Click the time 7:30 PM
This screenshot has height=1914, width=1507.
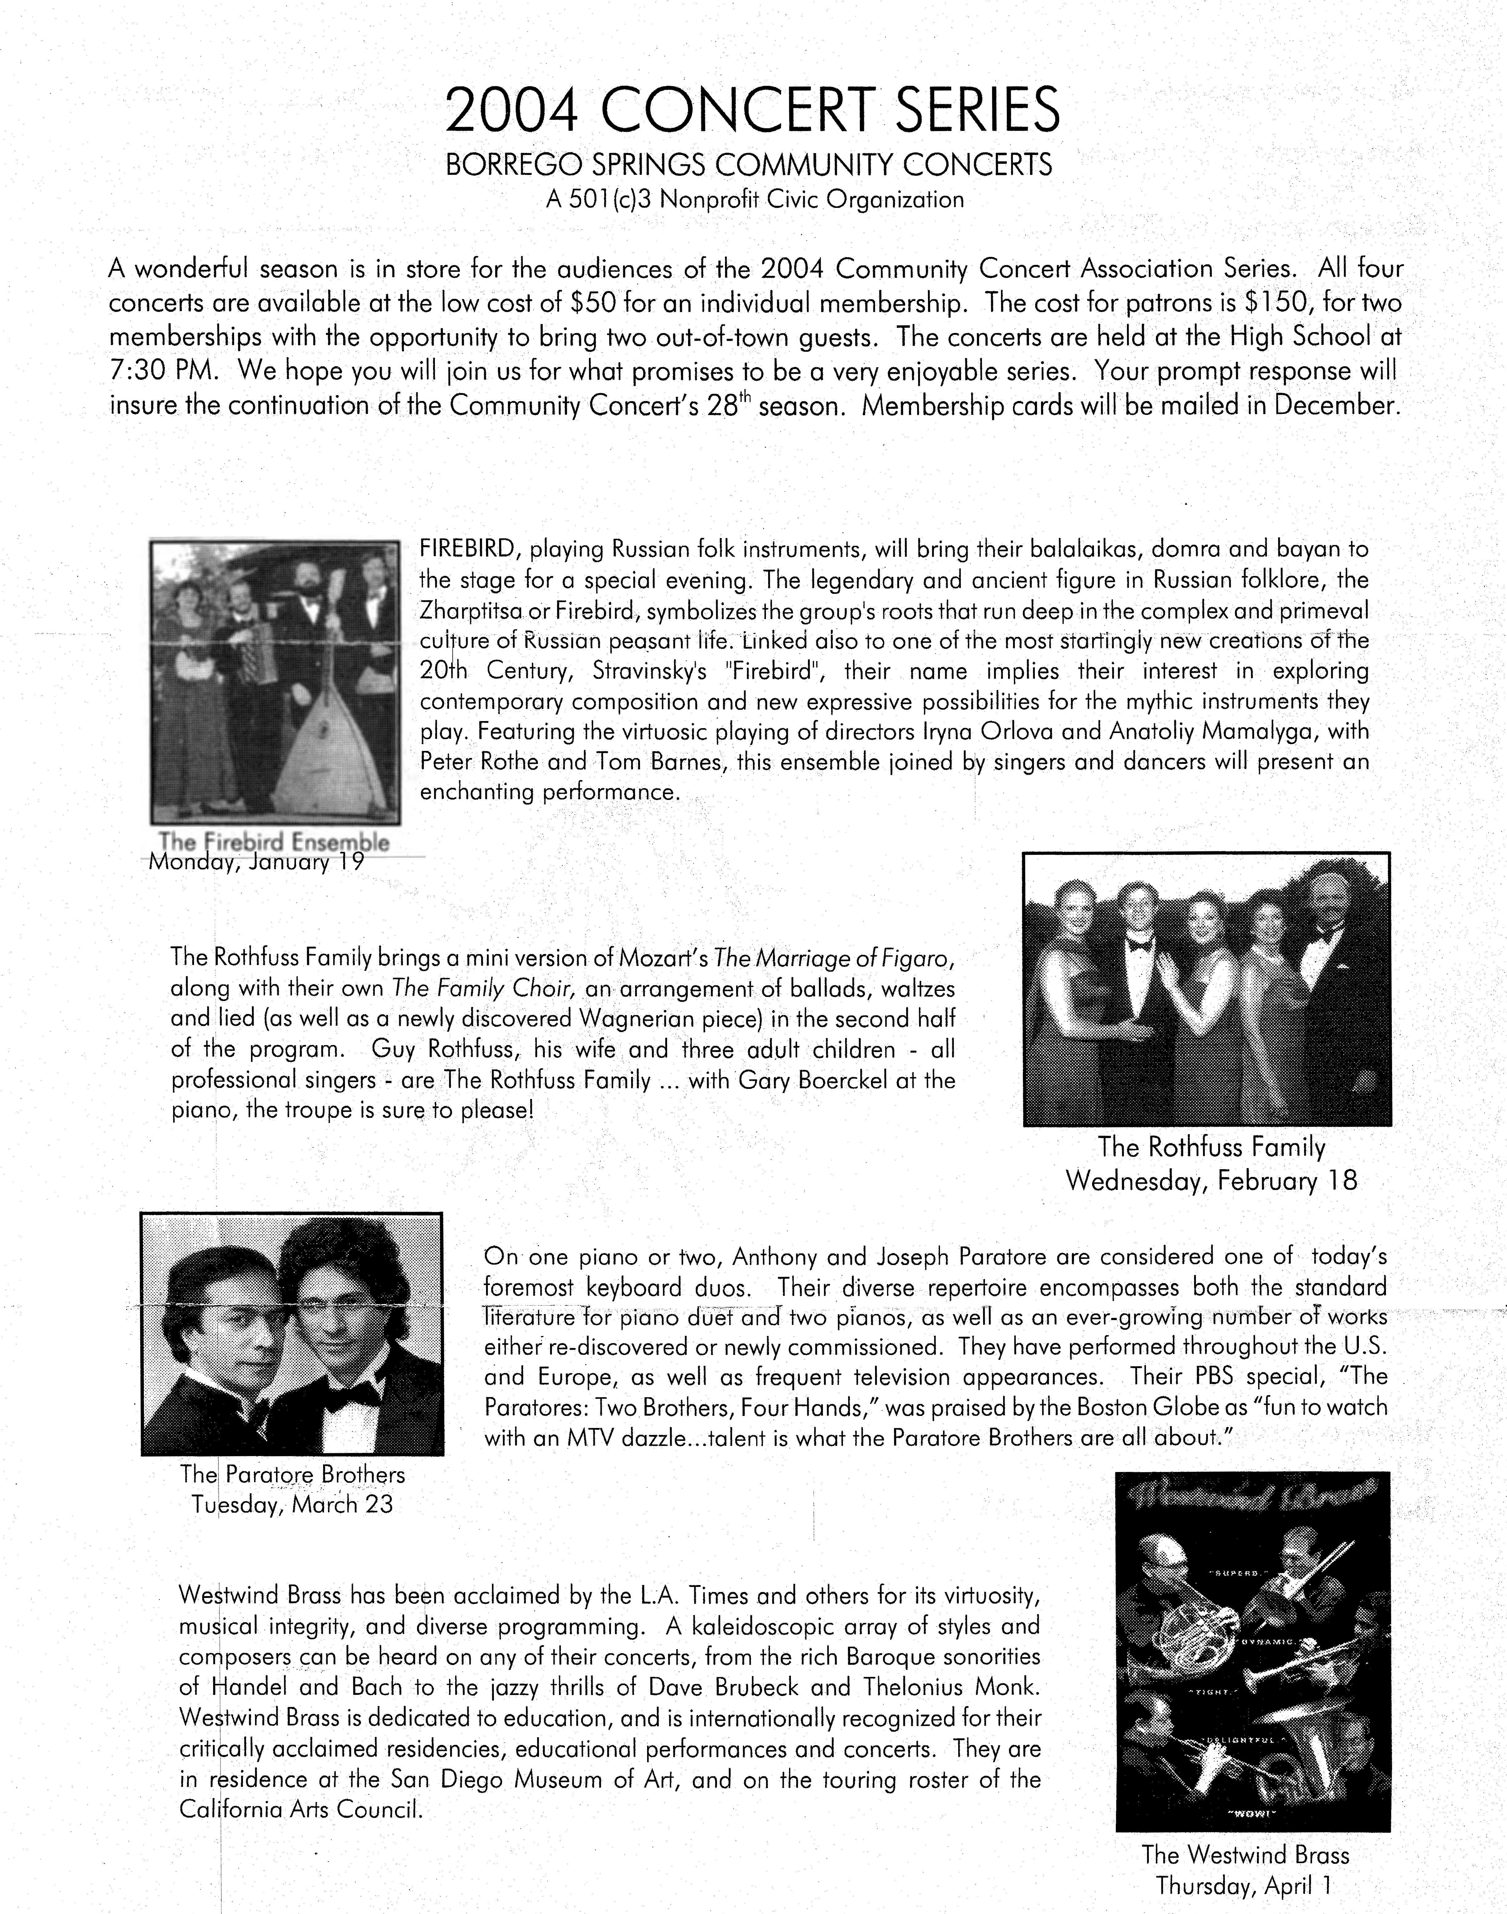click(x=162, y=371)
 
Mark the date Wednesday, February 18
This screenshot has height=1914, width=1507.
click(x=1211, y=1181)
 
